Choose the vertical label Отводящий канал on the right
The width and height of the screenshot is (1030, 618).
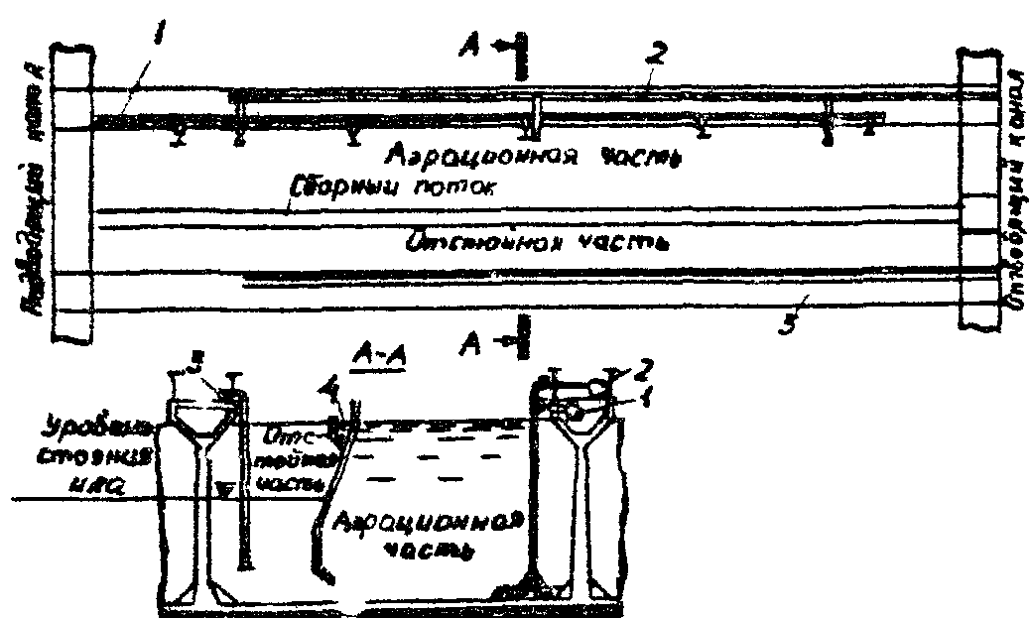tap(1012, 193)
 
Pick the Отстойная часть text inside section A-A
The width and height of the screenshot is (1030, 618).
tap(288, 458)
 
